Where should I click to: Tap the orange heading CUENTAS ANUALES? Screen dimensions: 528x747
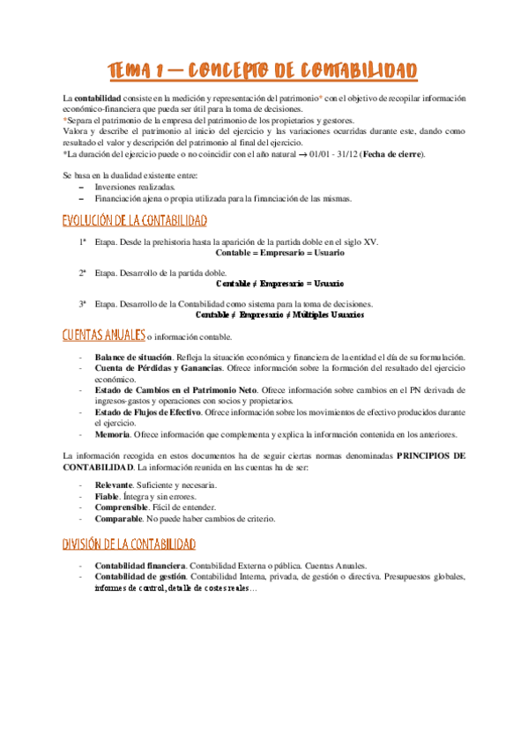pyautogui.click(x=103, y=336)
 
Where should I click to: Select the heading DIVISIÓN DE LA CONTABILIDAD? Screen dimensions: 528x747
pyautogui.click(x=130, y=546)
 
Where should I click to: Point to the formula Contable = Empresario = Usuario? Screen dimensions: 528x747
pyautogui.click(x=279, y=253)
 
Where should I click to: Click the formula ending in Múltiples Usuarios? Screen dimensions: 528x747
pyautogui.click(x=279, y=314)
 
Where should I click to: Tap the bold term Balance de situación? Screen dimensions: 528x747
pyautogui.click(x=135, y=357)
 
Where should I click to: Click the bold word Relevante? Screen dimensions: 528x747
pyautogui.click(x=120, y=485)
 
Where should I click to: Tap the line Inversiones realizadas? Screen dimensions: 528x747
pyautogui.click(x=135, y=187)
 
